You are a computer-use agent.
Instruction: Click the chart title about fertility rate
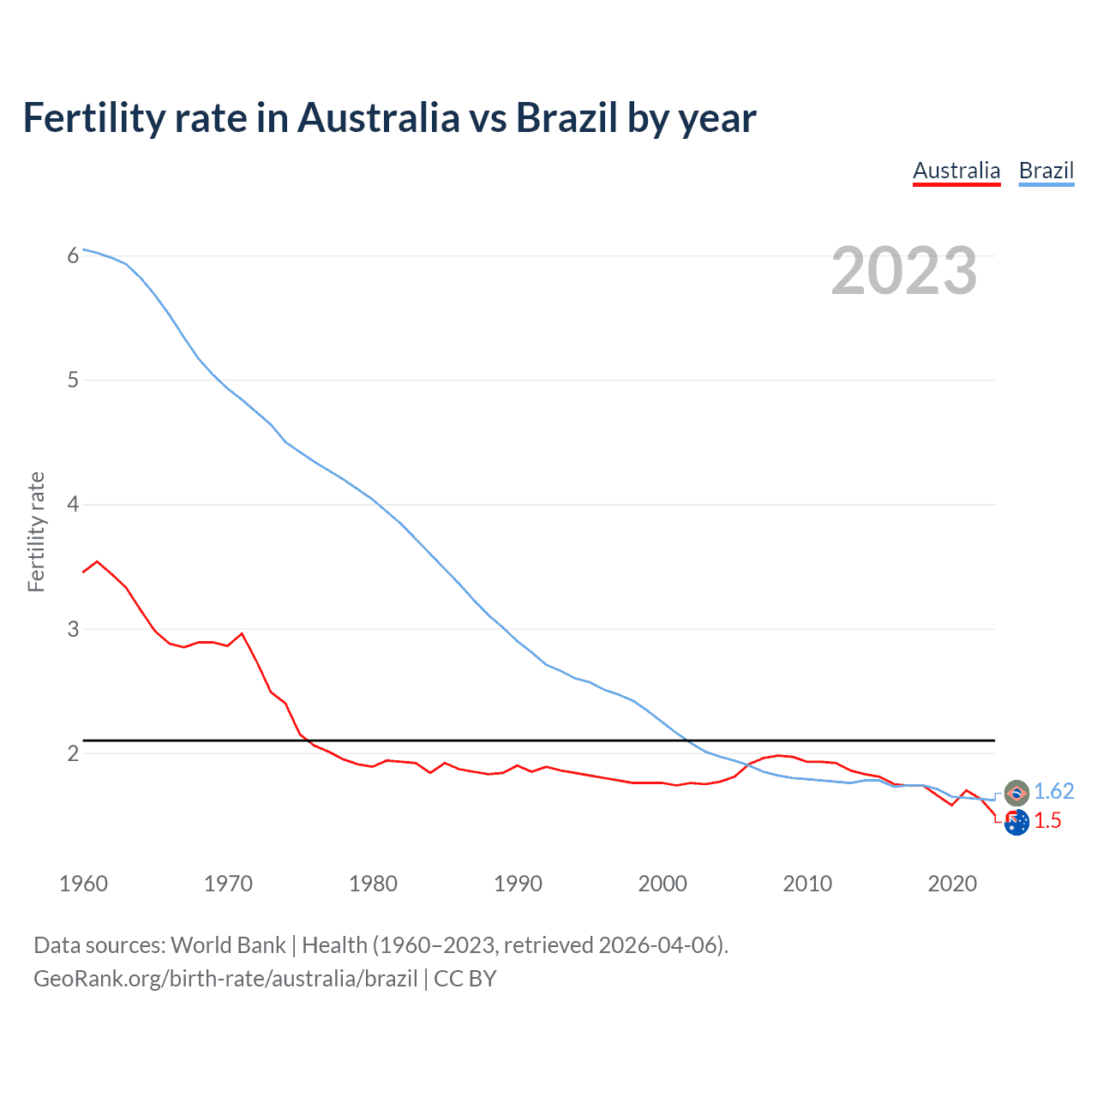(x=389, y=118)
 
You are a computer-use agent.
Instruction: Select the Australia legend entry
(x=956, y=171)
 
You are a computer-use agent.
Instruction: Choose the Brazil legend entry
(x=1046, y=171)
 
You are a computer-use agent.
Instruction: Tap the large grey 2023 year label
(x=904, y=271)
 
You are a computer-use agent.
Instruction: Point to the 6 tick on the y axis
(x=73, y=255)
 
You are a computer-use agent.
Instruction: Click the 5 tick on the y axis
(x=73, y=380)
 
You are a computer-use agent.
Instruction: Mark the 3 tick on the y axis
(x=73, y=629)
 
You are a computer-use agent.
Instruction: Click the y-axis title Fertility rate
(x=36, y=531)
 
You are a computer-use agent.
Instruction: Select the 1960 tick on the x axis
(x=83, y=884)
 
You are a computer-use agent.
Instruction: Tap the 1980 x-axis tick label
(x=373, y=884)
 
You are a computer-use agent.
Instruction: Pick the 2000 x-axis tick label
(x=662, y=884)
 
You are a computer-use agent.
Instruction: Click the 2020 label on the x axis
(x=952, y=884)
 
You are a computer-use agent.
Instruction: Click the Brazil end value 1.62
(x=1053, y=791)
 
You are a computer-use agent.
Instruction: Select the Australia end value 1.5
(x=1047, y=821)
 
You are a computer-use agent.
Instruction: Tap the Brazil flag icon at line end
(x=1016, y=793)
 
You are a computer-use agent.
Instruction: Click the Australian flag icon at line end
(x=1016, y=823)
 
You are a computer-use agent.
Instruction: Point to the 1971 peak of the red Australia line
(x=242, y=633)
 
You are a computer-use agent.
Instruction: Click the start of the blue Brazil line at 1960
(x=84, y=249)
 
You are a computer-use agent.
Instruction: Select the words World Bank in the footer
(x=228, y=945)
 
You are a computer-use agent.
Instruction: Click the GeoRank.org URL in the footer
(x=225, y=979)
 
